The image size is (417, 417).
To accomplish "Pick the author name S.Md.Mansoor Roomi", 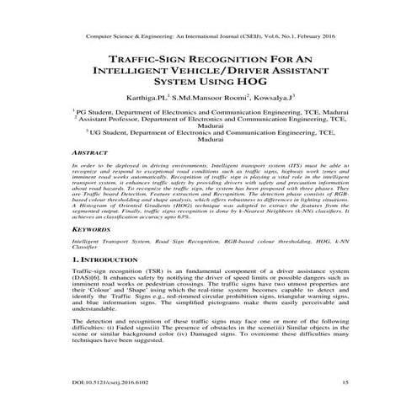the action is click(208, 99).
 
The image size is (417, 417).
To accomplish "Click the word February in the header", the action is click(310, 38).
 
